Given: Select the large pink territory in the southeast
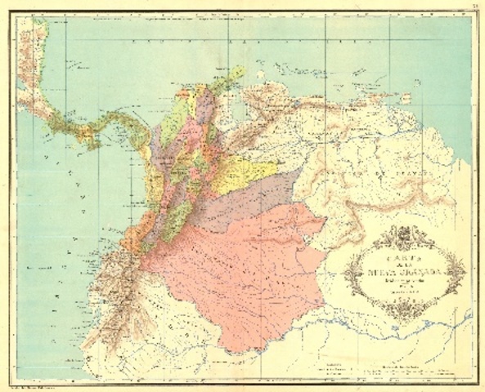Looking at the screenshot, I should [x=245, y=269].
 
